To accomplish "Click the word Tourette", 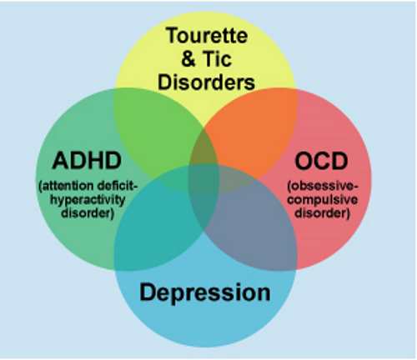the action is click(207, 35).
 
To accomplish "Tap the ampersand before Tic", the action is click(188, 58).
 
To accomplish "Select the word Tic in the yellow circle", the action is click(218, 58).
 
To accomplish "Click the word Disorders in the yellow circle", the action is click(206, 82).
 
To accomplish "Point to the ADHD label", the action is click(87, 160).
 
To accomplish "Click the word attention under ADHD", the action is click(66, 186).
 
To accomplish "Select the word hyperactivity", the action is click(88, 200).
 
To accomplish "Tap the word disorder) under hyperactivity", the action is click(88, 213).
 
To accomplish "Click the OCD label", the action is click(321, 161).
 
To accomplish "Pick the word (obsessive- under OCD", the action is click(323, 186).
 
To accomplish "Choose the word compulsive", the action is click(322, 200).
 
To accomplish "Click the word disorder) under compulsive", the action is click(322, 213).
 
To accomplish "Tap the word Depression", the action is click(205, 292).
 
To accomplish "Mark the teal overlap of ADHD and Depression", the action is click(156, 222).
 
